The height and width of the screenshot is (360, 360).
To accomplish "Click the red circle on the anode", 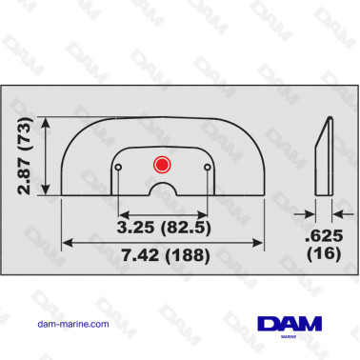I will click(161, 165).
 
